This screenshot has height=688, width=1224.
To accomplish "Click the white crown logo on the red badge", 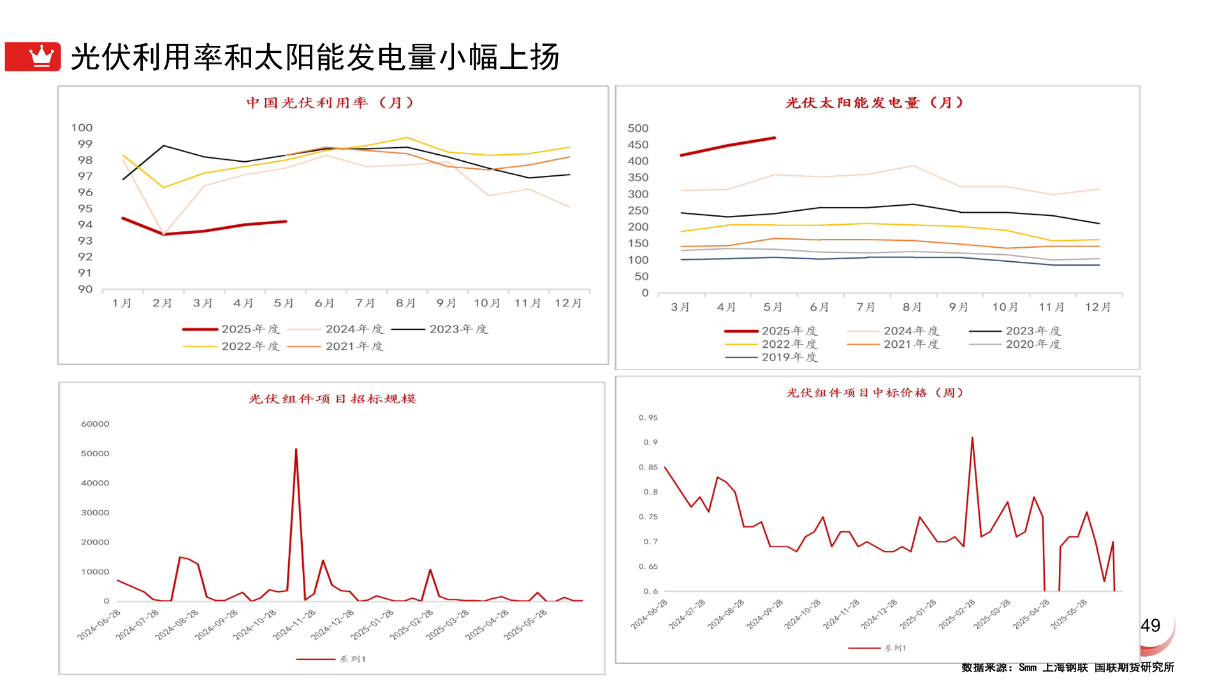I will pyautogui.click(x=41, y=56).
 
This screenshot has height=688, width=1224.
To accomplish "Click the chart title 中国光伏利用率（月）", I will pyautogui.click(x=330, y=103).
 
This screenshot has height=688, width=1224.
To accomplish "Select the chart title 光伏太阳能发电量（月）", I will pyautogui.click(x=874, y=103).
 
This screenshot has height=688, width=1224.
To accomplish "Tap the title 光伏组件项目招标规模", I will pyautogui.click(x=332, y=399).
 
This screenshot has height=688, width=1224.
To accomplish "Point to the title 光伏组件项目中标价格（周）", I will pyautogui.click(x=875, y=392).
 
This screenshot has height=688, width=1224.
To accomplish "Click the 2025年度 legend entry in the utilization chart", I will pyautogui.click(x=231, y=329).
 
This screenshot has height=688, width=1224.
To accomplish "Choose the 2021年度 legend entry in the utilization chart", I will pyautogui.click(x=335, y=347).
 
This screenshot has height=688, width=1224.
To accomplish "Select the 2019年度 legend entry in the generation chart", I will pyautogui.click(x=771, y=357).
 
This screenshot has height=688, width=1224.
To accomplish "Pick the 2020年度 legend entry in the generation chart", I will pyautogui.click(x=1015, y=345).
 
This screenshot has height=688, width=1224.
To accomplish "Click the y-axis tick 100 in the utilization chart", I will pyautogui.click(x=82, y=128).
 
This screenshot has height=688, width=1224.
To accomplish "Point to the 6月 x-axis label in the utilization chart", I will pyautogui.click(x=324, y=303).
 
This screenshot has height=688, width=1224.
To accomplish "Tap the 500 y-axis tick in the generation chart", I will pyautogui.click(x=637, y=129).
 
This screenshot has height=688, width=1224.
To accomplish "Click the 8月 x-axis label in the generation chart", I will pyautogui.click(x=912, y=307).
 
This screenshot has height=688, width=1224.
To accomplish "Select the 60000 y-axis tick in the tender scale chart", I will pyautogui.click(x=95, y=424).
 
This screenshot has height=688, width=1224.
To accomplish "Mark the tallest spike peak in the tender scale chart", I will pyautogui.click(x=296, y=449).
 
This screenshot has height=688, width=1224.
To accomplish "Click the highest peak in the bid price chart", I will pyautogui.click(x=972, y=438).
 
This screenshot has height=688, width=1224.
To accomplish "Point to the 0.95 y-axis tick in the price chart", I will pyautogui.click(x=648, y=418).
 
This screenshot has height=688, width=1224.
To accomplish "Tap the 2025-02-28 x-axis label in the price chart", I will pyautogui.click(x=957, y=614).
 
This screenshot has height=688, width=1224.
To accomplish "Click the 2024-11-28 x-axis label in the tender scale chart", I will pyautogui.click(x=294, y=624).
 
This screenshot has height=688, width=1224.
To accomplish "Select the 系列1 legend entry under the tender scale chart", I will pyautogui.click(x=331, y=659).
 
